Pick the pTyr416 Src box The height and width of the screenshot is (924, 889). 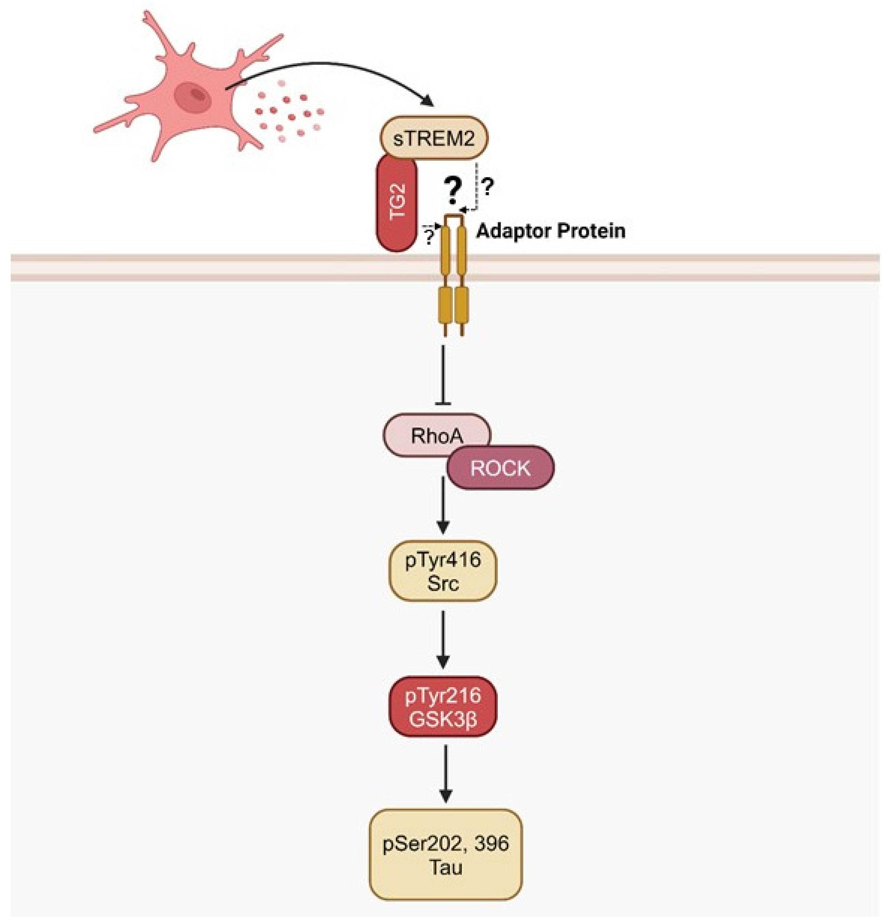point(443,571)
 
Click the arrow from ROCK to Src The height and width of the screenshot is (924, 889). point(443,507)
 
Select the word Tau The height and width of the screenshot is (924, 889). point(446,867)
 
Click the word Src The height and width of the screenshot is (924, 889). point(443,584)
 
